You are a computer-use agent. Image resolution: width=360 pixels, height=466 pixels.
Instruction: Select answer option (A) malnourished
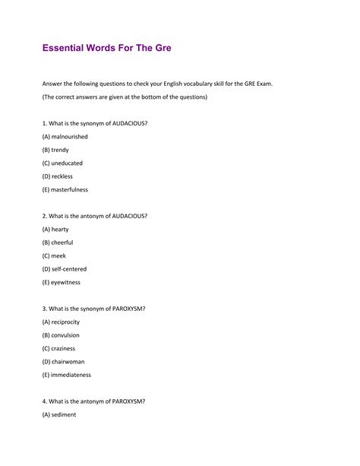(65, 137)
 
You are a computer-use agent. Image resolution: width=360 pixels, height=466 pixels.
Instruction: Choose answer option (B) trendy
(56, 150)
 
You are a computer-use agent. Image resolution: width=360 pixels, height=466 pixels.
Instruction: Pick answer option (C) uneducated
(63, 163)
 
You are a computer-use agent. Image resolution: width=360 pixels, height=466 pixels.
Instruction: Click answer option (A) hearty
(56, 229)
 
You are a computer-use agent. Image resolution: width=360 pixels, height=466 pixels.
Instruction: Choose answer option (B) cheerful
(58, 243)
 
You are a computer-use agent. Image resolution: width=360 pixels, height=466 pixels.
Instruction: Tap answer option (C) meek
(55, 255)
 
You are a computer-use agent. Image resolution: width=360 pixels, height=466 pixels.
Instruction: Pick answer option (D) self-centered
(65, 268)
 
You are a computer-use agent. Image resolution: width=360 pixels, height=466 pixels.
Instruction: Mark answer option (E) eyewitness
(62, 282)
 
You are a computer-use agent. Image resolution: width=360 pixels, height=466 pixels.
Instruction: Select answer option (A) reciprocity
(61, 322)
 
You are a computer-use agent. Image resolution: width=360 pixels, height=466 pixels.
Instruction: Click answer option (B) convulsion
(61, 334)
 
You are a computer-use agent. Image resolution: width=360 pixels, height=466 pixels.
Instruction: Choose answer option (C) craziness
(60, 348)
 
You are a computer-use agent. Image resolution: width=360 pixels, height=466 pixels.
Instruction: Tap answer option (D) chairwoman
(64, 361)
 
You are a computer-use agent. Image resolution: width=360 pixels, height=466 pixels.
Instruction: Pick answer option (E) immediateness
(67, 375)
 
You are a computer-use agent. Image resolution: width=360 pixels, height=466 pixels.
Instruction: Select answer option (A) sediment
(59, 414)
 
